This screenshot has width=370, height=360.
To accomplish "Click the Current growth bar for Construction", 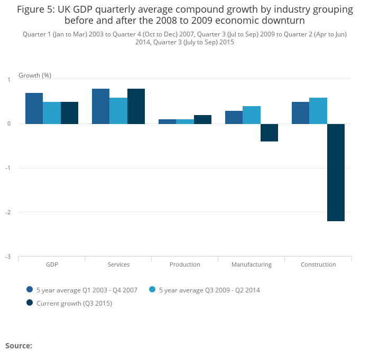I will (336, 173).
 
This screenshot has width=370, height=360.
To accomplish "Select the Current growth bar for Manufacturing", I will (269, 133).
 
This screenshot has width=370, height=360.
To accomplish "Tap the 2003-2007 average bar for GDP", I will (34, 109).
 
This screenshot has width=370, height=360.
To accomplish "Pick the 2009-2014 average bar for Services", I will (118, 111).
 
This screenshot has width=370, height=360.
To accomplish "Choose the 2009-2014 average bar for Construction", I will (318, 111).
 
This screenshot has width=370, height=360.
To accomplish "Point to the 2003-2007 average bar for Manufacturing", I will (234, 118).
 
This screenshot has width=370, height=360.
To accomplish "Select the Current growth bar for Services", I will (136, 107).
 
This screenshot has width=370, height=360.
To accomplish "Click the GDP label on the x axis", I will (52, 264).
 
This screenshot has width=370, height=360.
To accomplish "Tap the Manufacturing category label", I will (252, 264).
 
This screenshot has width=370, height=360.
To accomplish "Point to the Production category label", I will (185, 264).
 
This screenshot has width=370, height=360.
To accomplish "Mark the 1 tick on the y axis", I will (8, 80).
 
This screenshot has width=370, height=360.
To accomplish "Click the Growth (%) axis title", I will (35, 75).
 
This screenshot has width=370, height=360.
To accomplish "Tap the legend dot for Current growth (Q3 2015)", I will (30, 303).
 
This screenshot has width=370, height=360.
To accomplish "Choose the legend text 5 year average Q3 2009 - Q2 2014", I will (209, 290).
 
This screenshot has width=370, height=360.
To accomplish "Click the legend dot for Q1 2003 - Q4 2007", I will (30, 290).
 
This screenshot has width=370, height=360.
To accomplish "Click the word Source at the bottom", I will (18, 346).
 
